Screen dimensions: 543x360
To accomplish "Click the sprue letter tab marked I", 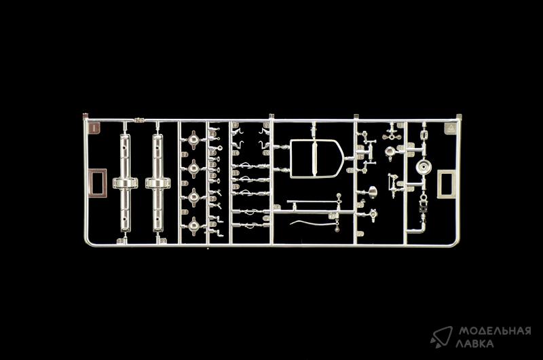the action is (x=94, y=128).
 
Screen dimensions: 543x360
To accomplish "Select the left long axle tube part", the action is (x=126, y=183).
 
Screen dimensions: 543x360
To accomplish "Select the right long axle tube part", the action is (x=158, y=183).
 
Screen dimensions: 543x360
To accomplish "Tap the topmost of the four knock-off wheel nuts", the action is (x=193, y=140).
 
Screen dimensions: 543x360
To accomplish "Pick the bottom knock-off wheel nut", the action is (x=193, y=226).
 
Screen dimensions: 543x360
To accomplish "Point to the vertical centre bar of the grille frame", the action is (x=315, y=159).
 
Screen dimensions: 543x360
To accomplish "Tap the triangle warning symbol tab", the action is (x=451, y=129).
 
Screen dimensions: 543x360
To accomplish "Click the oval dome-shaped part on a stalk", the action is (x=372, y=192).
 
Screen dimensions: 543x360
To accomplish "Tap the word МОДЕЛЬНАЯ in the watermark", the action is (x=495, y=331).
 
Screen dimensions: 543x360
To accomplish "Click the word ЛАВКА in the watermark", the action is (x=474, y=344).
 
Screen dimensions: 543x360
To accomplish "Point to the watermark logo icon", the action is (x=441, y=336).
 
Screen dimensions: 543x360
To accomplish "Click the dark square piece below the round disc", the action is (x=423, y=209).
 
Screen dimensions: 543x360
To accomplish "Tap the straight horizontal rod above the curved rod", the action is (x=312, y=201).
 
